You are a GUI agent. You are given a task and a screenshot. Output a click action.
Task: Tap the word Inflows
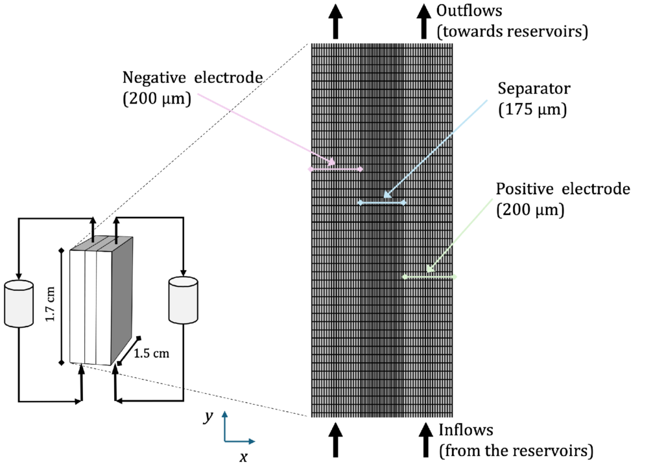[x=466, y=429]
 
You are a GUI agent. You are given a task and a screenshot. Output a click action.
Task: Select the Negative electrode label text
[x=193, y=78]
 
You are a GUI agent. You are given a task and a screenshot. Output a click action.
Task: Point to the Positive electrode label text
[x=563, y=189]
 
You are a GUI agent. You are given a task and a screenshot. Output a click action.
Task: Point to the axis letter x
[x=243, y=457]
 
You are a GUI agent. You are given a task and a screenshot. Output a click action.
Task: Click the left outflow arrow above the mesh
[x=335, y=21]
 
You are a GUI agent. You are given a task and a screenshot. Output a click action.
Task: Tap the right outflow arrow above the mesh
[x=424, y=21]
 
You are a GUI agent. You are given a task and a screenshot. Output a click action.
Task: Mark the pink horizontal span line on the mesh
[x=336, y=169]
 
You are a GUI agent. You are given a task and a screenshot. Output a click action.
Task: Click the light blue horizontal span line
[x=382, y=203]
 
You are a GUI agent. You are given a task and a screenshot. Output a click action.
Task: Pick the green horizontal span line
[x=429, y=277]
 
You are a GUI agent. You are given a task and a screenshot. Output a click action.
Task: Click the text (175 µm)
[x=532, y=110]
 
